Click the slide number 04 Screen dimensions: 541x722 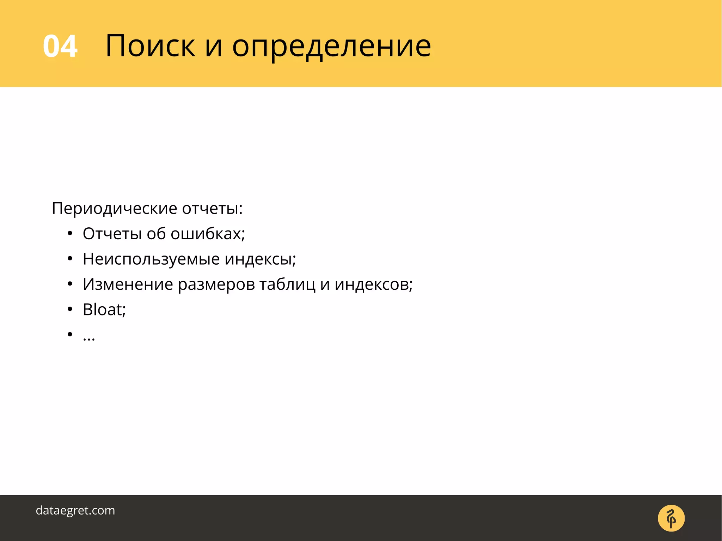pyautogui.click(x=60, y=46)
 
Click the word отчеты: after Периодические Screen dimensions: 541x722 pyautogui.click(x=212, y=209)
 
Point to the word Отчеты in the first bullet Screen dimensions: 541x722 pyautogui.click(x=112, y=234)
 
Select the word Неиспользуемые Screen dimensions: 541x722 pyautogui.click(x=151, y=259)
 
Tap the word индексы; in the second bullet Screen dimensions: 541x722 pyautogui.click(x=260, y=259)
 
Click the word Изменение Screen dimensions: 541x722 pyautogui.click(x=128, y=284)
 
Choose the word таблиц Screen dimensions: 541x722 pyautogui.click(x=287, y=284)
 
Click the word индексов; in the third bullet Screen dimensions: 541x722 pyautogui.click(x=373, y=284)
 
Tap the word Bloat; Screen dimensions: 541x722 pyautogui.click(x=104, y=310)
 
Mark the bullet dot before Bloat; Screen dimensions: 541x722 pyautogui.click(x=70, y=309)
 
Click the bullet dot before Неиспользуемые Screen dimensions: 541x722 pyautogui.click(x=70, y=259)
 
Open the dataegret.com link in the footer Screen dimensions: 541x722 pyautogui.click(x=75, y=510)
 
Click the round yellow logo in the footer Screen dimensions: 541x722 pyautogui.click(x=671, y=518)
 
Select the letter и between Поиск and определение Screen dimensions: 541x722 pyautogui.click(x=214, y=47)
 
